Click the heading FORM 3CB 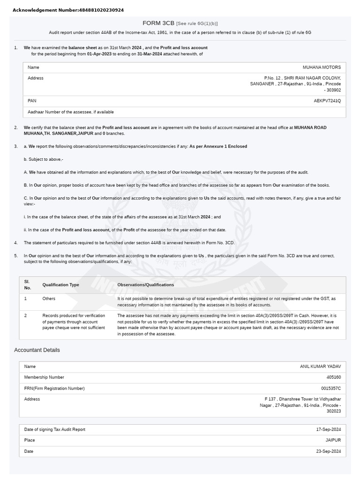158,23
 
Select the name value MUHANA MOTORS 322,67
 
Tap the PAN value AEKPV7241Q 327,101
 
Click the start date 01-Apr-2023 99,54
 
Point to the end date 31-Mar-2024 150,54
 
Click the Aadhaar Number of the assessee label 71,112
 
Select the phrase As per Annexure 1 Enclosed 218,146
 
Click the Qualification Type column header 61,285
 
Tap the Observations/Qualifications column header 146,285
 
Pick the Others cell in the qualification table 49,299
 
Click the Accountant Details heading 37,350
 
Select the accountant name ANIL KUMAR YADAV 320,367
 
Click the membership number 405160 333,377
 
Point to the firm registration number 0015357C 331,389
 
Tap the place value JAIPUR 333,440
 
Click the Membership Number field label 44,377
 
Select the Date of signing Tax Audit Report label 55,429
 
